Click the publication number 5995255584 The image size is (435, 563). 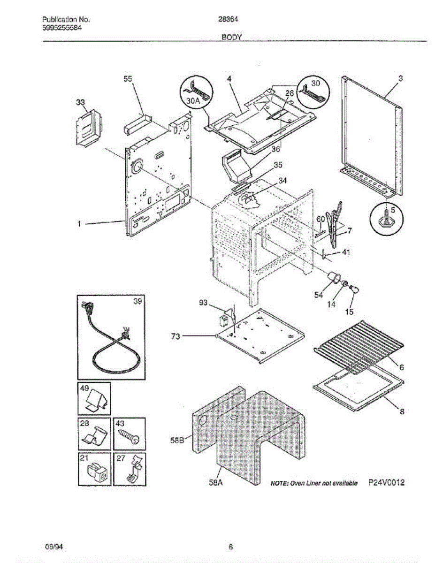[62, 28]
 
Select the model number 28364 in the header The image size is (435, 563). [228, 19]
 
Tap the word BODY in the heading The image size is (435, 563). [231, 38]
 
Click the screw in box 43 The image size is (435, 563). [129, 437]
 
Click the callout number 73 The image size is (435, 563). [176, 336]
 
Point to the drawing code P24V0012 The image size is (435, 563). [386, 482]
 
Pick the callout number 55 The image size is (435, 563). [128, 79]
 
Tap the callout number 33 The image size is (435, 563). [80, 102]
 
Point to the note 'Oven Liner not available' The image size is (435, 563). [314, 483]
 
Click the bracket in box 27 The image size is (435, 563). [134, 470]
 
